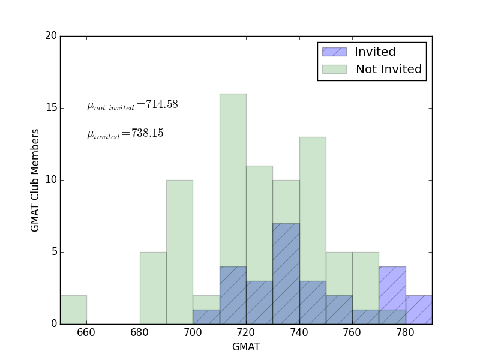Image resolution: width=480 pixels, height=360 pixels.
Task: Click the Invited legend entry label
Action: (375, 52)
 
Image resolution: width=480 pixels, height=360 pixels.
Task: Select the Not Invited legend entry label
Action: (389, 70)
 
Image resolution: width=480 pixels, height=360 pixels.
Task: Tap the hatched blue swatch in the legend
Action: (334, 52)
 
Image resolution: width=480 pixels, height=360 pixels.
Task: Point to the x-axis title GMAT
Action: (246, 347)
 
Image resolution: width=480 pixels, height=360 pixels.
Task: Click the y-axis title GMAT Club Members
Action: (35, 180)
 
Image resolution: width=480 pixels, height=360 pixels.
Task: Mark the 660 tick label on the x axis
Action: (87, 333)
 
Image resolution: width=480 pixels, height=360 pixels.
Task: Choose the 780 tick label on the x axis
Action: (406, 333)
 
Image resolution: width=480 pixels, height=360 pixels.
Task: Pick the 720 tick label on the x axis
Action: (246, 333)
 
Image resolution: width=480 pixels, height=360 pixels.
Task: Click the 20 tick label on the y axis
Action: (51, 36)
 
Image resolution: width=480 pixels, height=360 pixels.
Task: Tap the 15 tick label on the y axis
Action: (51, 108)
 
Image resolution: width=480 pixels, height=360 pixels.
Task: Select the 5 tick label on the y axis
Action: (54, 252)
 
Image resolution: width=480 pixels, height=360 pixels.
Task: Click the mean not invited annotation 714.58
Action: (132, 105)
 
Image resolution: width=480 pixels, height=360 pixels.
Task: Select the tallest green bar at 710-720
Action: (233, 180)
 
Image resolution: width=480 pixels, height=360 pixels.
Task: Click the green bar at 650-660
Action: (73, 310)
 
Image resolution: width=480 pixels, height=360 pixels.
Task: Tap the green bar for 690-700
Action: (179, 252)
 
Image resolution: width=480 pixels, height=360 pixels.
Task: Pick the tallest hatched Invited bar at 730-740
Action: (286, 274)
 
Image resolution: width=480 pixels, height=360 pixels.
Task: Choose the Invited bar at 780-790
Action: (419, 310)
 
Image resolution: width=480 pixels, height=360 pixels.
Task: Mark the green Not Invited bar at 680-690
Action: (153, 288)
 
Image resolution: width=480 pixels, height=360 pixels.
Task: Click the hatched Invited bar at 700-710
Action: (206, 317)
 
